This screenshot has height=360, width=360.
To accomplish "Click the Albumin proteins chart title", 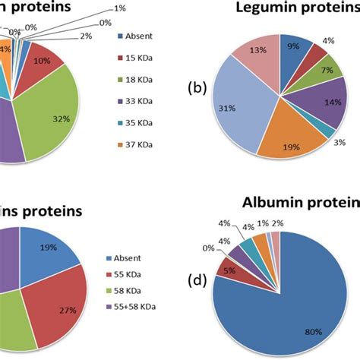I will (x=300, y=204).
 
